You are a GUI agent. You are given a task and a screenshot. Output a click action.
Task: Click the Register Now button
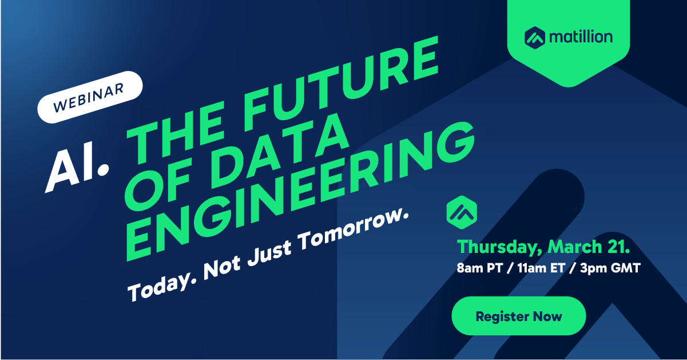519,316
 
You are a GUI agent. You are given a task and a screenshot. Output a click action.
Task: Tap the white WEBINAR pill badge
90,97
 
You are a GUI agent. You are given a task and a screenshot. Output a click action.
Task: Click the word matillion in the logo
581,37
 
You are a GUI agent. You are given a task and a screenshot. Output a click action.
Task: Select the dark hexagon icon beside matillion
535,38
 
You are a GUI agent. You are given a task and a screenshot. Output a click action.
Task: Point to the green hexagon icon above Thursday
462,212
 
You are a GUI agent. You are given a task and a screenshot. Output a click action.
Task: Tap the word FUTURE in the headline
340,82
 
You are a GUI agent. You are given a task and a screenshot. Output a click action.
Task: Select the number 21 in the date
618,247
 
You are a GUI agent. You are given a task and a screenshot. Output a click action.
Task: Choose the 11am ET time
541,268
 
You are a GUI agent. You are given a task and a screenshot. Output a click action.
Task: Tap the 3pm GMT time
610,268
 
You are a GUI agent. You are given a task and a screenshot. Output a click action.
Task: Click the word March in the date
575,247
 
